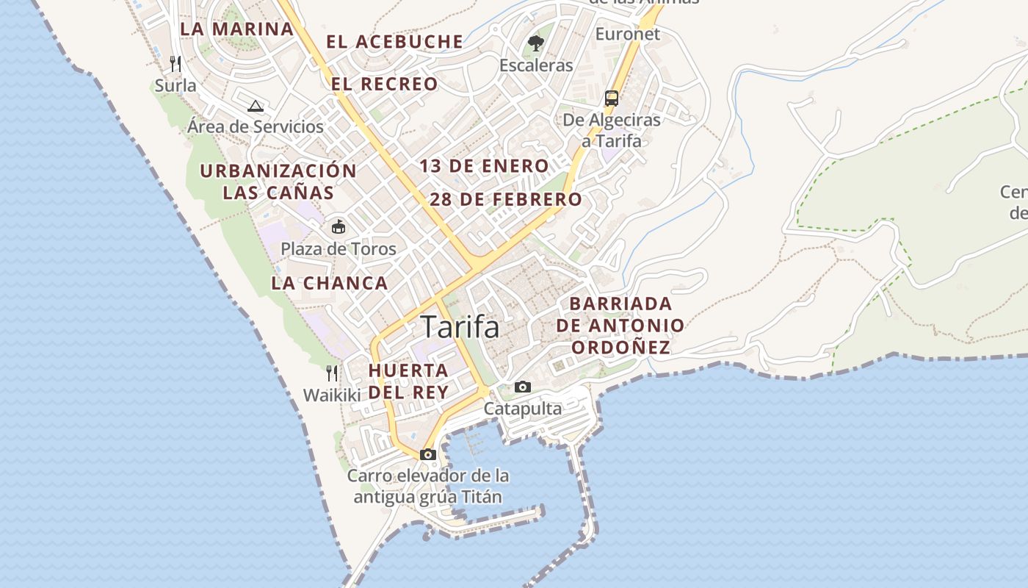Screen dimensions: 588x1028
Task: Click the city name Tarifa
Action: click(x=460, y=327)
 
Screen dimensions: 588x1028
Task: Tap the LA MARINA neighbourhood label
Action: click(x=236, y=29)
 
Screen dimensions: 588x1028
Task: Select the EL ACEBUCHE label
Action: click(x=394, y=42)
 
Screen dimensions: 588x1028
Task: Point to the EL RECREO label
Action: click(x=384, y=84)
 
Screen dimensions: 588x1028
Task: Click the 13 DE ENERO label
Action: click(x=484, y=166)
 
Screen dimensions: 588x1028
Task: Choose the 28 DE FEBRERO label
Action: click(x=506, y=199)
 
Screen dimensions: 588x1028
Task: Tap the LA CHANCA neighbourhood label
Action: click(x=329, y=283)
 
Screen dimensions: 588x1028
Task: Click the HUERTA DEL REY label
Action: click(x=408, y=381)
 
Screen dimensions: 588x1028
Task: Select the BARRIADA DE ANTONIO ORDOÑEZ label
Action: click(x=620, y=325)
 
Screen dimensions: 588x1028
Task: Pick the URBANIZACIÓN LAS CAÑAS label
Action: click(x=278, y=182)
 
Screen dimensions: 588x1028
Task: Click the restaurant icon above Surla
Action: click(x=175, y=64)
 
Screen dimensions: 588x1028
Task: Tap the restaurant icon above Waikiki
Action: click(x=332, y=373)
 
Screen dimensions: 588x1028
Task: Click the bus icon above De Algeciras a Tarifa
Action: click(x=611, y=98)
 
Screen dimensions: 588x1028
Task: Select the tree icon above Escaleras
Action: click(x=536, y=43)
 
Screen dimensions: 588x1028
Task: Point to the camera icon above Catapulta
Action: click(x=522, y=387)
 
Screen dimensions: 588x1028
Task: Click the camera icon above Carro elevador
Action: click(x=428, y=454)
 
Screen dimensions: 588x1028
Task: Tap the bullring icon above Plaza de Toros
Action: click(x=339, y=226)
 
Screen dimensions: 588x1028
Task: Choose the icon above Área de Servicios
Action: click(x=256, y=106)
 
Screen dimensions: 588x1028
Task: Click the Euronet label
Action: click(x=628, y=34)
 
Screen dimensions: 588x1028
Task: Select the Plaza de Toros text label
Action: click(x=339, y=248)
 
